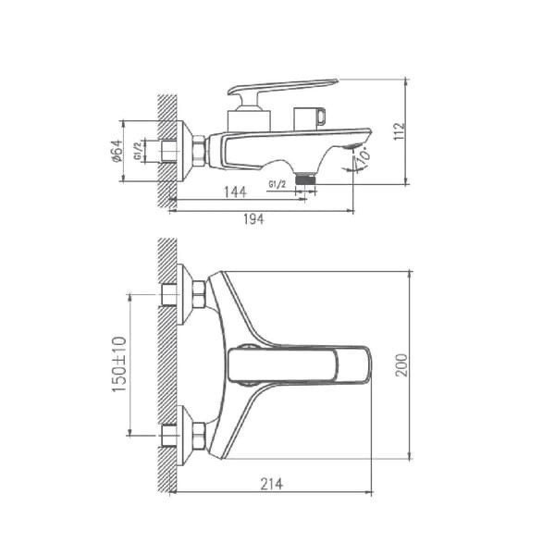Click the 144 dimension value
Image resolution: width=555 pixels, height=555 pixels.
tap(235, 192)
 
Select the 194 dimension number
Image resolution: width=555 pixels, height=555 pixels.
tap(253, 219)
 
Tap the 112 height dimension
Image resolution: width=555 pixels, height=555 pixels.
tap(400, 131)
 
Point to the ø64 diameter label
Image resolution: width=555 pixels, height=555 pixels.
tap(117, 151)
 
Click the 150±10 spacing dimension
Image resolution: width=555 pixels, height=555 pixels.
tap(119, 364)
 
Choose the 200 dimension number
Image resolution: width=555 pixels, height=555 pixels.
tap(401, 365)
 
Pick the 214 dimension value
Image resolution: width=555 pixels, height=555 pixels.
tap(272, 484)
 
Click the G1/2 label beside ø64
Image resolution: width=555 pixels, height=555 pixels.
tap(138, 151)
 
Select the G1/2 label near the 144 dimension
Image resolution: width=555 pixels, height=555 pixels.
tap(277, 184)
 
